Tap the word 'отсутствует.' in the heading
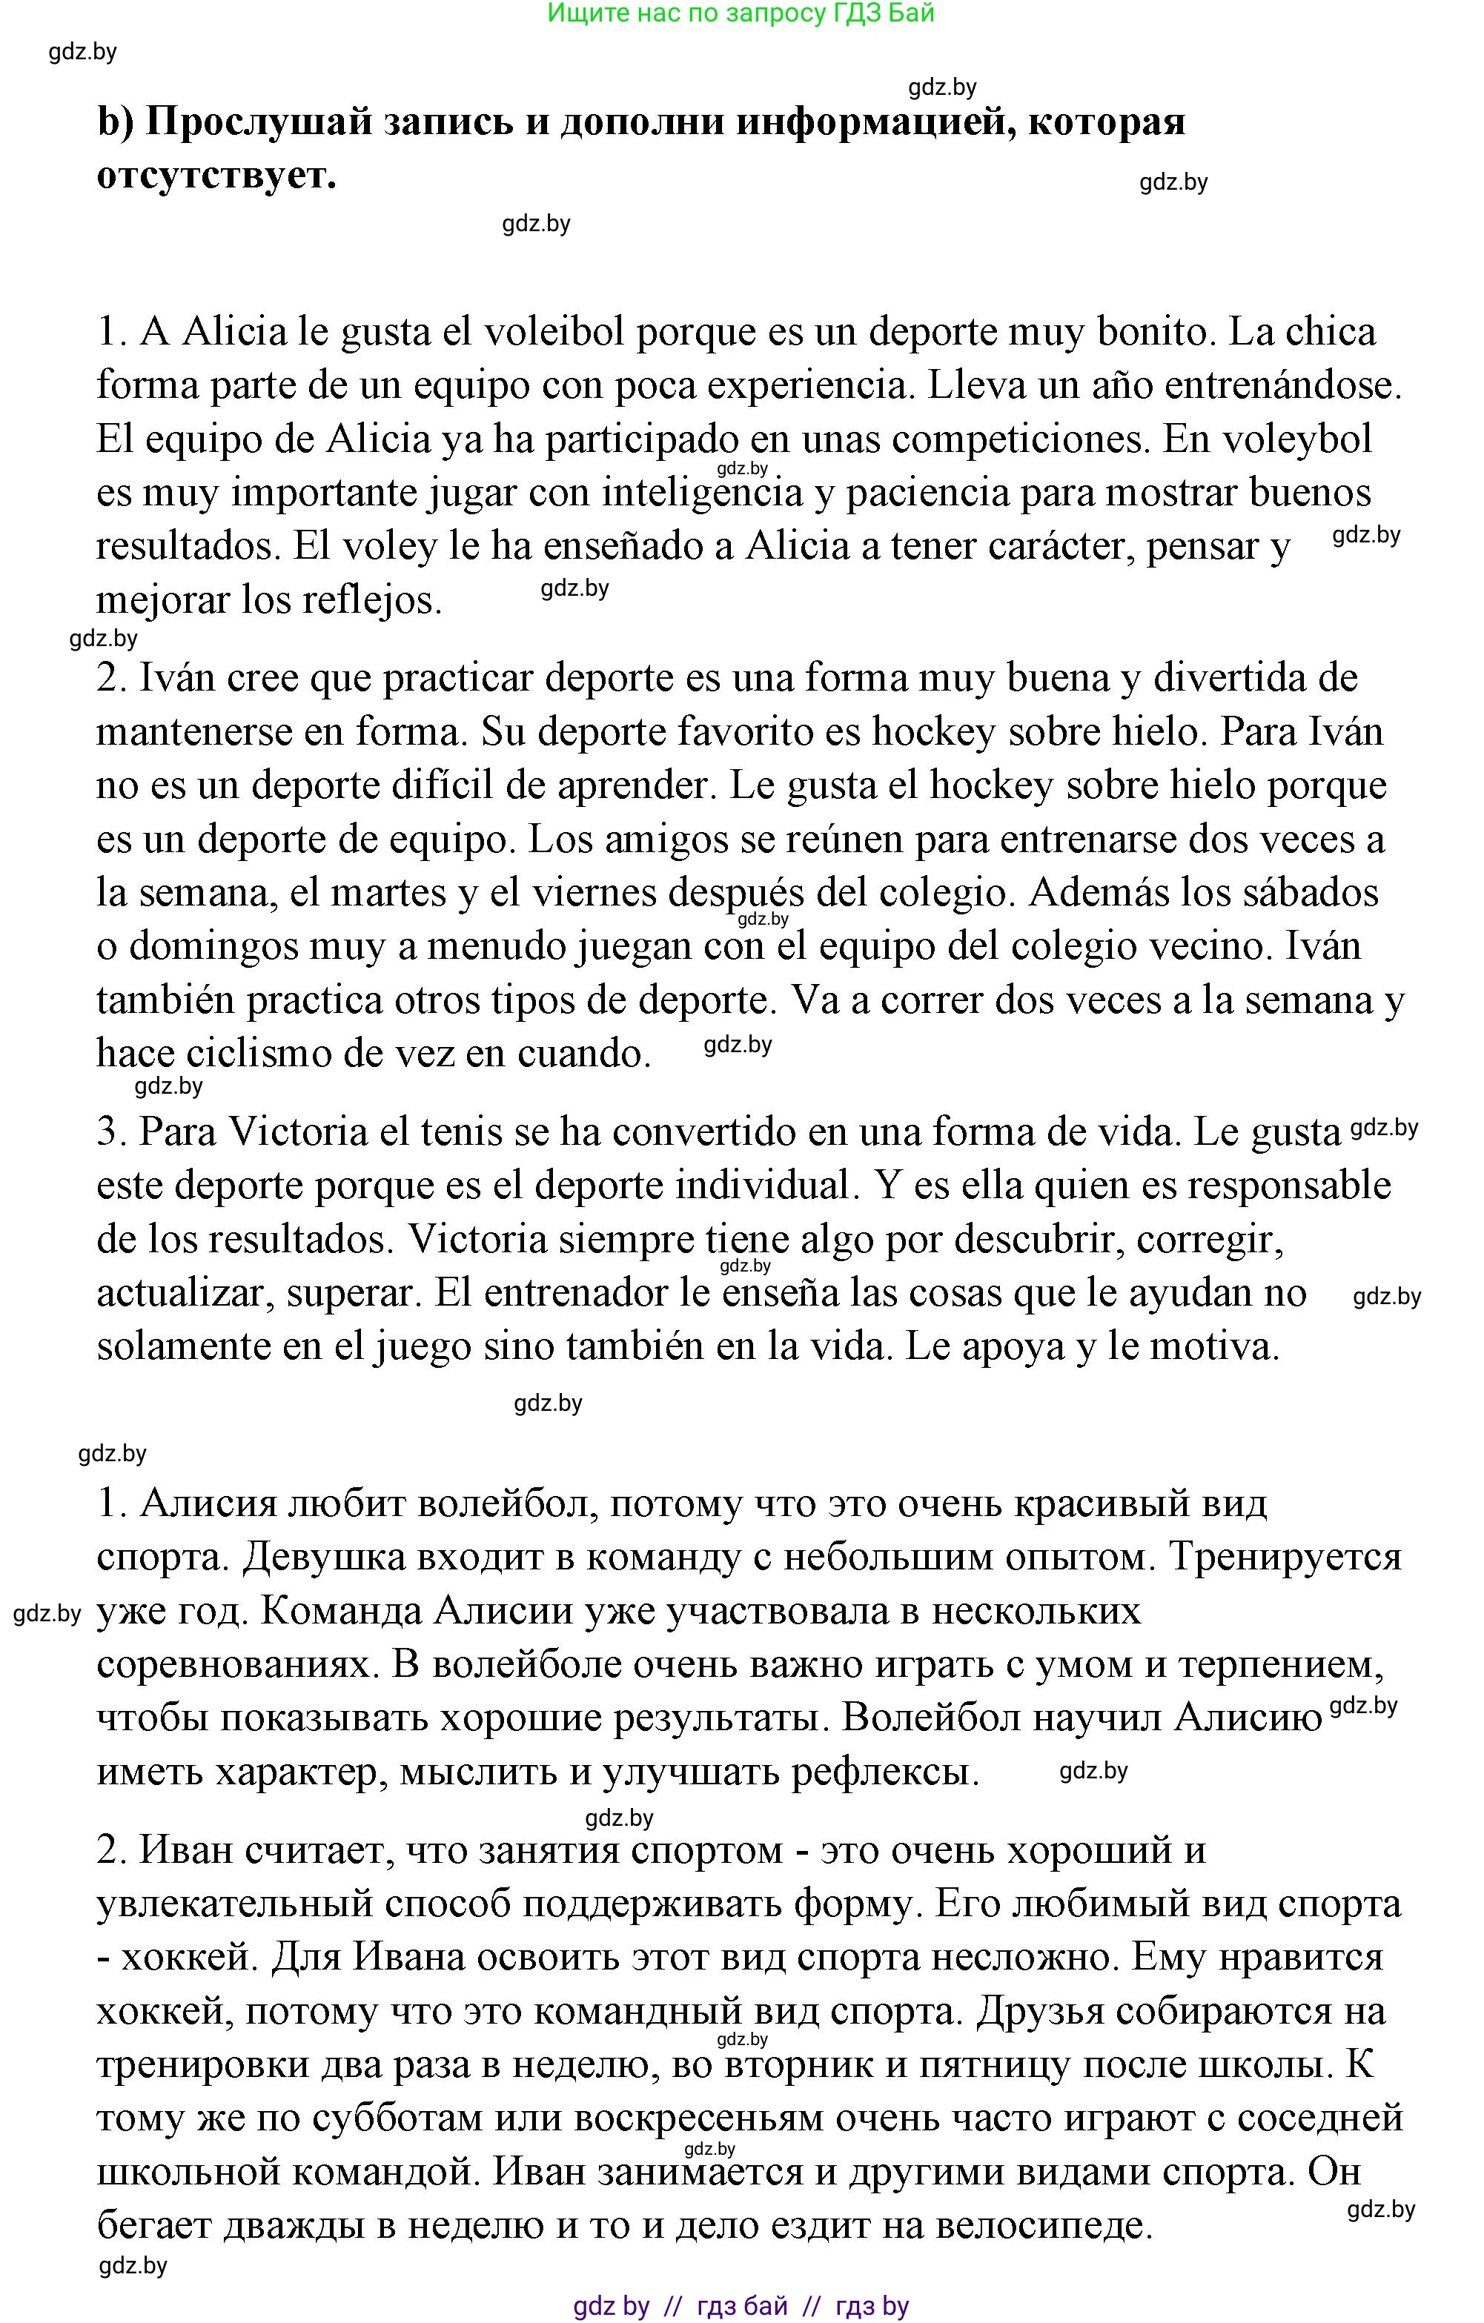coord(216,176)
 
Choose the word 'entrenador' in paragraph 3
coord(575,1294)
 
